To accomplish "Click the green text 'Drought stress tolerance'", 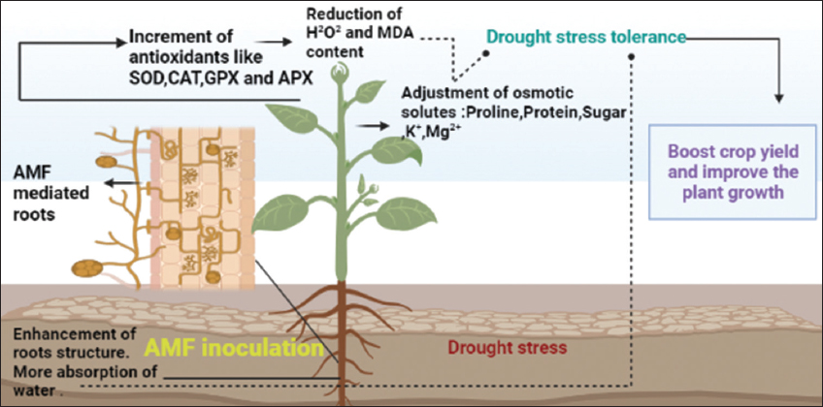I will pyautogui.click(x=586, y=38).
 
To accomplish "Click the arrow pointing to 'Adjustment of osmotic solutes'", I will pyautogui.click(x=370, y=124).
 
